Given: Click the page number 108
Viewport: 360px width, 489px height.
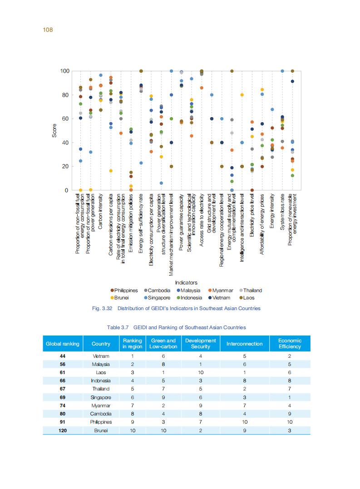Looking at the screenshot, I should click(x=49, y=30).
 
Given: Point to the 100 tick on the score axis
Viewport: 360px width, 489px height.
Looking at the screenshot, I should click(x=64, y=71).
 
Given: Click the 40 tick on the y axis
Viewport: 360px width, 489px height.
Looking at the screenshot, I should click(x=66, y=143).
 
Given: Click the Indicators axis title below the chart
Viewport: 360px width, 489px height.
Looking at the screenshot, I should click(x=186, y=282).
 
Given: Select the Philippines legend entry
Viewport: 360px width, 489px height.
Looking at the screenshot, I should click(x=124, y=291).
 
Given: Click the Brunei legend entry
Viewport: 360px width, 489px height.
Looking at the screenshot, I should click(x=121, y=298).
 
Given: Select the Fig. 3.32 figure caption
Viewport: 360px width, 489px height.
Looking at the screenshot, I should click(x=176, y=308).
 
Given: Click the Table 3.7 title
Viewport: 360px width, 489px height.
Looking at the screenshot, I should click(x=176, y=327).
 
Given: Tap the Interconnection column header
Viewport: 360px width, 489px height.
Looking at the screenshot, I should click(x=244, y=344).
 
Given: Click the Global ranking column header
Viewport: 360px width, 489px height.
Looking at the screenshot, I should click(x=63, y=344).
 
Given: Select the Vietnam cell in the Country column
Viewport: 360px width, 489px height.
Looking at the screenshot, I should click(x=101, y=356).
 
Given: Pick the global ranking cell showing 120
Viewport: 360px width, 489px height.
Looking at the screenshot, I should click(x=63, y=430).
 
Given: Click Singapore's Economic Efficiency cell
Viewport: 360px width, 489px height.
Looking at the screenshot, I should click(x=290, y=397).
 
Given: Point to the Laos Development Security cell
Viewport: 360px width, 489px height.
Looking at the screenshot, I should click(x=200, y=373).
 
